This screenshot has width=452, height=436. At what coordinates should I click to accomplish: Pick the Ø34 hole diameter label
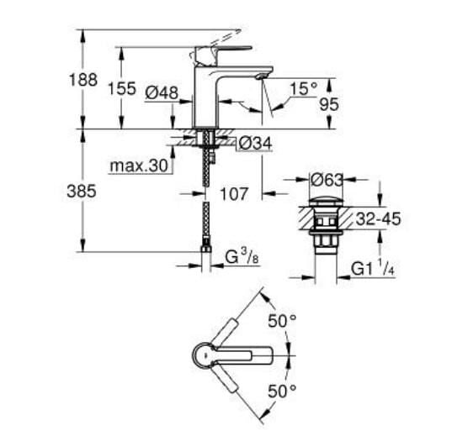tap(255, 144)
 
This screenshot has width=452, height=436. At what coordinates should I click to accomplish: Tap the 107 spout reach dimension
tap(234, 194)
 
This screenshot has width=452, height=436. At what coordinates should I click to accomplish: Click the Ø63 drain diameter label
tap(327, 179)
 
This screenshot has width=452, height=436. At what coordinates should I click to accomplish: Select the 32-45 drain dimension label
tap(376, 220)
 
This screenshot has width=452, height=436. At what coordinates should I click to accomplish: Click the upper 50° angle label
tap(282, 320)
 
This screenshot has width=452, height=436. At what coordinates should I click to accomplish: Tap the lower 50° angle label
tap(282, 391)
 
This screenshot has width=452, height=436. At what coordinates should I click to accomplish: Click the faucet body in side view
tap(206, 92)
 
